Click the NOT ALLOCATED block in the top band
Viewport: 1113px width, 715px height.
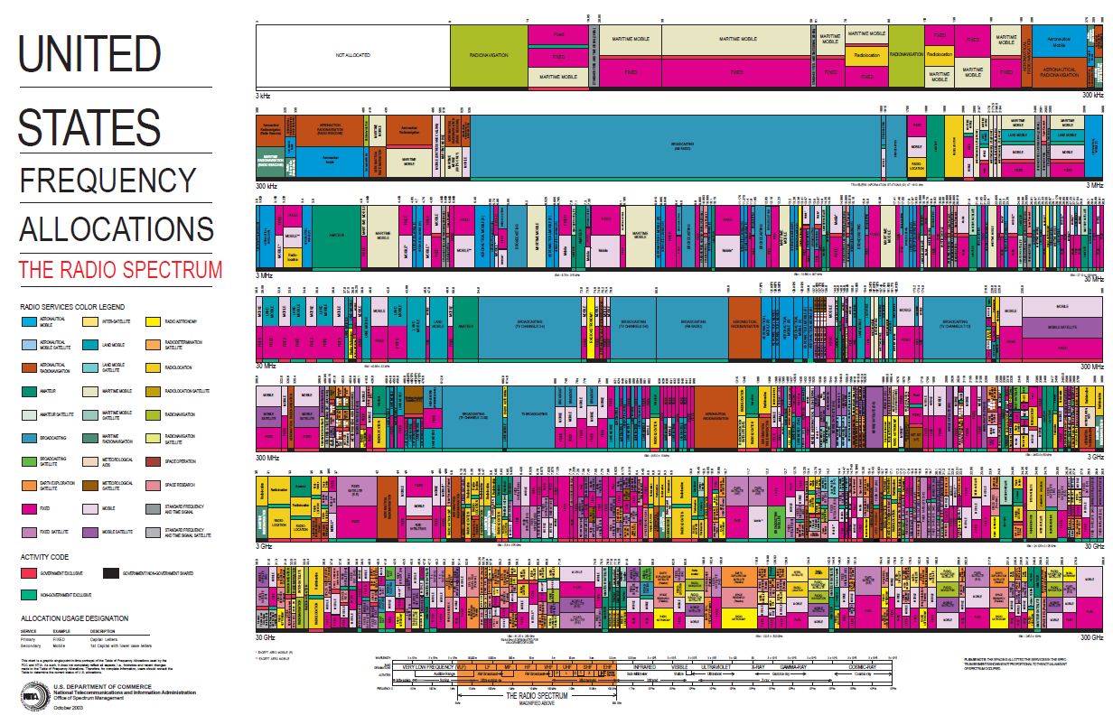(353, 56)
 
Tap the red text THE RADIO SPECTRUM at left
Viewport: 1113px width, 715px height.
(121, 269)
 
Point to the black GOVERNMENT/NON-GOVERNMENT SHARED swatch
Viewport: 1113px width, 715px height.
(111, 573)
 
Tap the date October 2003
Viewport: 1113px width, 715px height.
(67, 707)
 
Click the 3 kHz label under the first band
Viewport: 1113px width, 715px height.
(264, 94)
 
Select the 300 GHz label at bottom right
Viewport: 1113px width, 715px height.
(1090, 637)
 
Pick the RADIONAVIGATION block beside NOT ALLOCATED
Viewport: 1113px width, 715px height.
(489, 56)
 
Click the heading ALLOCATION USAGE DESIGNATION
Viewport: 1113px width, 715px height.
(74, 618)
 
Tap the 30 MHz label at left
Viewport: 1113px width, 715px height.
(266, 366)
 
